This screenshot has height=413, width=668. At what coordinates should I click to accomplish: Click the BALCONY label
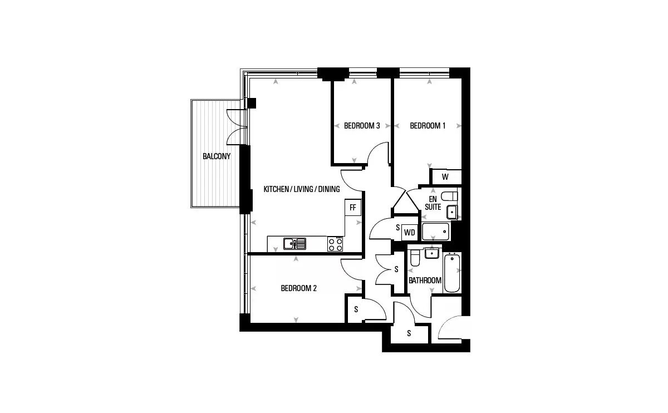(217, 156)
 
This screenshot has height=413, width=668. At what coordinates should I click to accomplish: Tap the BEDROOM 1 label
(428, 126)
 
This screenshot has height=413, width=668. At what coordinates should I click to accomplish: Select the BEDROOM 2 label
(298, 288)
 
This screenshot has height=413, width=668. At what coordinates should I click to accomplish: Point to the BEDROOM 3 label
(362, 126)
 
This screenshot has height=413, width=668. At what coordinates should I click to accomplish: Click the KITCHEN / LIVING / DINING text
(302, 189)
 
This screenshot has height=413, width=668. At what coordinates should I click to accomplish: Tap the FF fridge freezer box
(353, 207)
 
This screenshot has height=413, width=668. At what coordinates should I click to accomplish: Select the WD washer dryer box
(410, 232)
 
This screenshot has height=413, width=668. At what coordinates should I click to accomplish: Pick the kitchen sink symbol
(294, 244)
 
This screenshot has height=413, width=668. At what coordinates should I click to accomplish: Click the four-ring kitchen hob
(335, 244)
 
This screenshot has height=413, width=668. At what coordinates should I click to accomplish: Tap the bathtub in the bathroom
(452, 273)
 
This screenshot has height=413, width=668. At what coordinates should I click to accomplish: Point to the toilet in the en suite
(449, 196)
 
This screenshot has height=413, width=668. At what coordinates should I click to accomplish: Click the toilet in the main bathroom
(415, 258)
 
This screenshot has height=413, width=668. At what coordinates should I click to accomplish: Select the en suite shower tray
(435, 232)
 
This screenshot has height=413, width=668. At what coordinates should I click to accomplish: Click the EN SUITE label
(433, 203)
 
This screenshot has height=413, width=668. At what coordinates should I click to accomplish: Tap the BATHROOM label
(425, 281)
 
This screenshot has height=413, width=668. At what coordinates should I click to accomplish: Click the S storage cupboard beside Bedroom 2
(355, 309)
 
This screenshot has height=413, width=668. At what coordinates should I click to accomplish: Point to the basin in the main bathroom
(431, 253)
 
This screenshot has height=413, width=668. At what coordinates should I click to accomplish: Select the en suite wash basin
(452, 212)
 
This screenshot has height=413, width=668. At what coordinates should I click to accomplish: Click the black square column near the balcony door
(252, 103)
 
